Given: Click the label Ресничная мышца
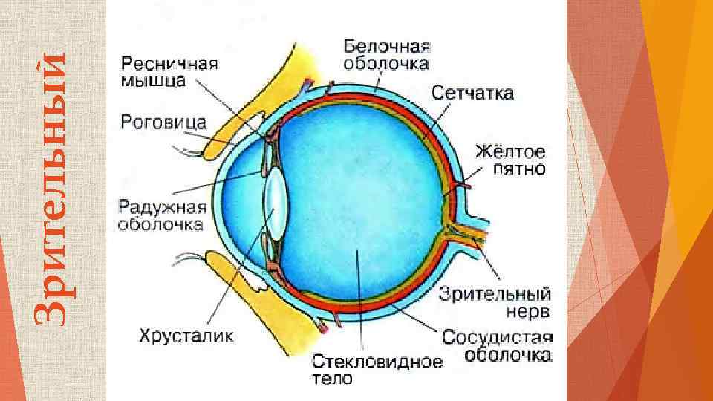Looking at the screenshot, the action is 170,72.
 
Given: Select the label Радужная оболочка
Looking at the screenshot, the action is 160,213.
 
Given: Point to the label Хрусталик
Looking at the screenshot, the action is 186,336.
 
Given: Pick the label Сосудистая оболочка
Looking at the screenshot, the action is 497,345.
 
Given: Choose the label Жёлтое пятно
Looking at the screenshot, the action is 510,160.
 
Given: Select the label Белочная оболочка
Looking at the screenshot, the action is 385,56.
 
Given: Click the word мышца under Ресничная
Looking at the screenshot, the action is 154,80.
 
